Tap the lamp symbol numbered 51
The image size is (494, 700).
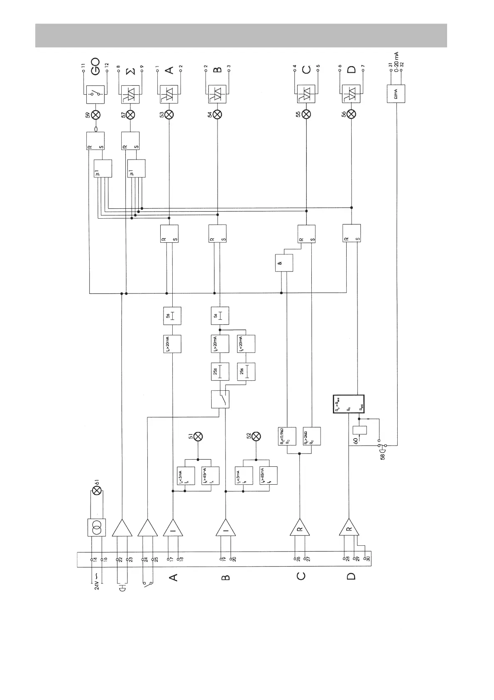coord(198,436)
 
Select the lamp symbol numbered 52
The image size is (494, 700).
coord(256,436)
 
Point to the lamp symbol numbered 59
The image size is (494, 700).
coord(96,115)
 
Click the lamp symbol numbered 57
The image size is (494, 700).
coord(130,115)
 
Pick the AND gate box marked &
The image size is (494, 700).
coord(284,263)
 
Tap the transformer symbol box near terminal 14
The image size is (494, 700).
coord(96,528)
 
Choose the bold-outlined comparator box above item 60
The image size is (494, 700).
coord(348,404)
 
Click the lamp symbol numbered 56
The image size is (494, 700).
coord(351,115)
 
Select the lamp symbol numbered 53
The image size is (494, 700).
coord(169,115)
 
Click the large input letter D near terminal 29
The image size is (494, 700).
coord(351,577)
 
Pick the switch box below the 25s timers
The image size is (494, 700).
coord(220,399)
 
